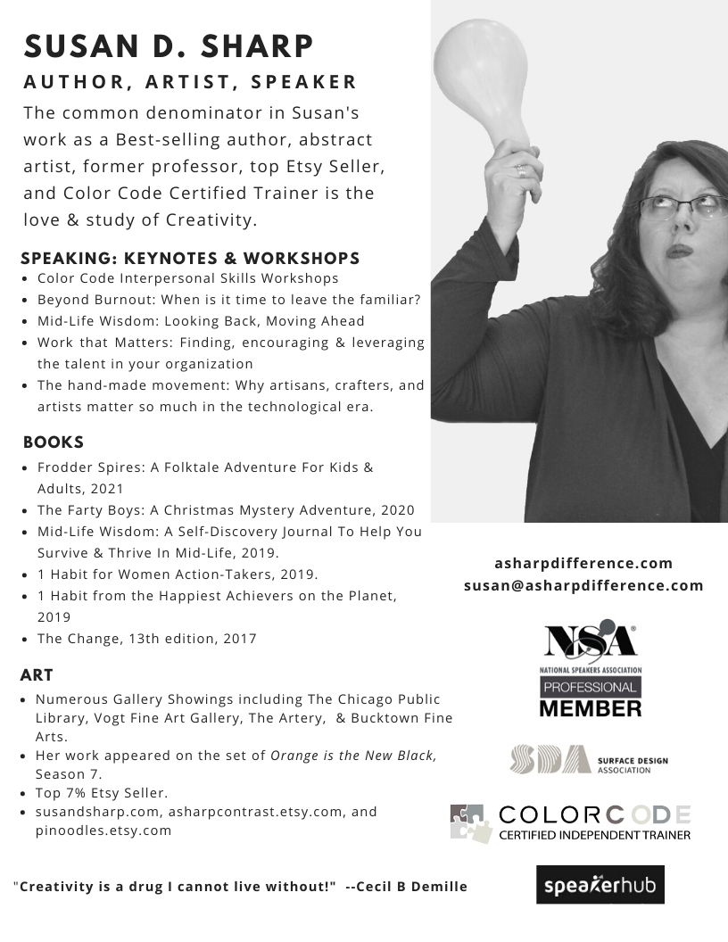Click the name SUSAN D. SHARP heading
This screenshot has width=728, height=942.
[169, 45]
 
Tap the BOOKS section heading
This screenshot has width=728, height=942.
[54, 442]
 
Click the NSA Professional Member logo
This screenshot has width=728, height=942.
[590, 670]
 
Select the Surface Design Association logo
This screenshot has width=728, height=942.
[589, 760]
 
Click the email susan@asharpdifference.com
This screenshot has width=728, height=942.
[583, 586]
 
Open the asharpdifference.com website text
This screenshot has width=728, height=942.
[583, 564]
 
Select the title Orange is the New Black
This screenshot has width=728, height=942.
[353, 756]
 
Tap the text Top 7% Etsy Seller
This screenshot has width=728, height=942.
[102, 793]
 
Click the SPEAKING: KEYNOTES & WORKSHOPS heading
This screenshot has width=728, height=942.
[190, 259]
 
